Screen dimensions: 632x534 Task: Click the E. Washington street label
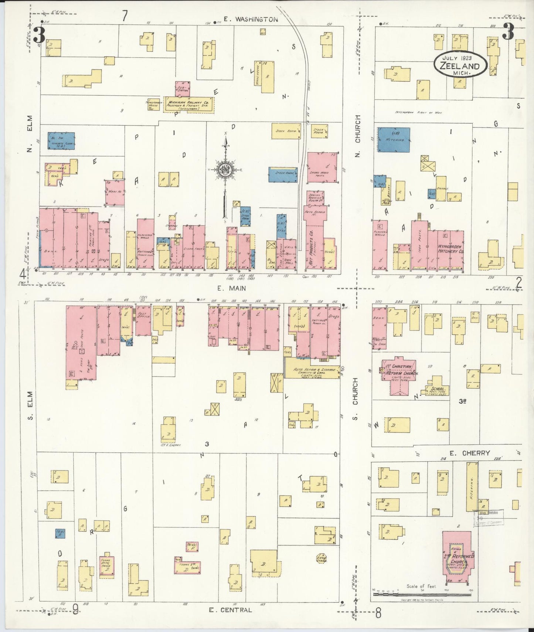251,20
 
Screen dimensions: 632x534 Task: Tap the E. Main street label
231,288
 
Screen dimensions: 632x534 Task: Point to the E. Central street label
230,610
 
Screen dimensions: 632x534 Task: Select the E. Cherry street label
475,453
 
